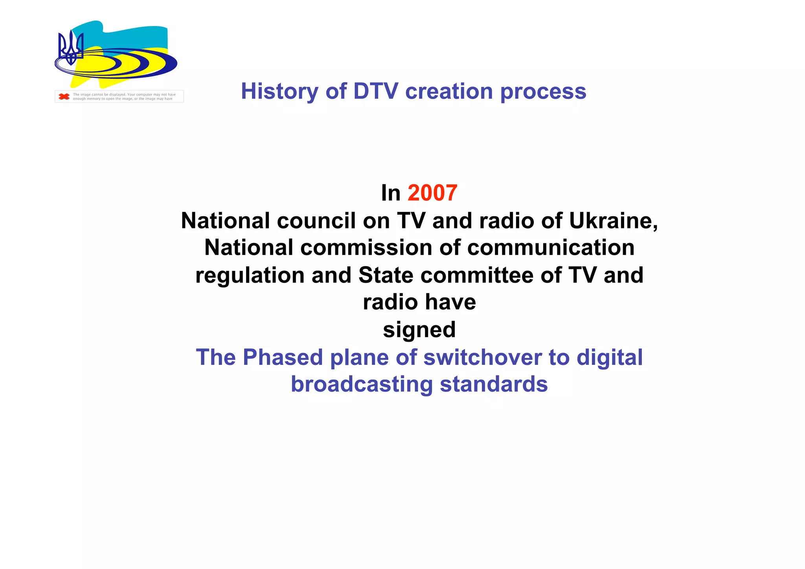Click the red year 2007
coord(432,193)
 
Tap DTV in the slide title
coord(376,91)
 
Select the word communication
coord(551,248)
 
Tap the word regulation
coord(250,276)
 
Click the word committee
coord(477,275)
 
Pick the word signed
coord(419,330)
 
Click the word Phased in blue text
coord(283,357)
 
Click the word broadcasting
coord(362,385)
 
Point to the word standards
coord(494,384)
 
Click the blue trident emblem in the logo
coord(71,48)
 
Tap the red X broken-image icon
coord(64,96)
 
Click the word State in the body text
coord(386,275)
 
